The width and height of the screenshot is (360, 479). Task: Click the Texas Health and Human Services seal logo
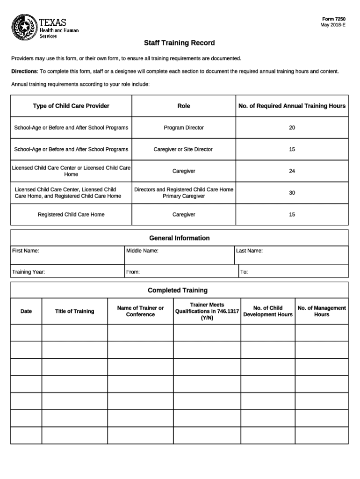24,26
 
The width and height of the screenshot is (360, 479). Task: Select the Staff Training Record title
180,43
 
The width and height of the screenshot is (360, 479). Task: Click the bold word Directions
24,72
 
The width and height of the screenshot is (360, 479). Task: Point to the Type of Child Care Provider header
71,106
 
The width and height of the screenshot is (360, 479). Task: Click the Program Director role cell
184,128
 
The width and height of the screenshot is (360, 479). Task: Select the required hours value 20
292,128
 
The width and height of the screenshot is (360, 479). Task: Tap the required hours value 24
292,171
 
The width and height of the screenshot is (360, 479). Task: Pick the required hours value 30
292,193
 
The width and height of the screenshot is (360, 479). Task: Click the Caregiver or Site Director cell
183,149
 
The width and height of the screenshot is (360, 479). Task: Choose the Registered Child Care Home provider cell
71,215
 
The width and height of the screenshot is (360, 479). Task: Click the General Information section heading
180,238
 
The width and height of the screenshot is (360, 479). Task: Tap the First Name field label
25,251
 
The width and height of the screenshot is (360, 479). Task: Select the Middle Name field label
142,251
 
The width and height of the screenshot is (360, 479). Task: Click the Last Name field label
249,251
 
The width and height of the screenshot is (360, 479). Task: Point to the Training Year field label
29,272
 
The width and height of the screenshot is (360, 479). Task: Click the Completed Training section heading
178,290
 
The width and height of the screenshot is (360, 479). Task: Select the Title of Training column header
74,312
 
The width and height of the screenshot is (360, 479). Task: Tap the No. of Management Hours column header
322,311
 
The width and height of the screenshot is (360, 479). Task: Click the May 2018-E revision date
333,25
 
